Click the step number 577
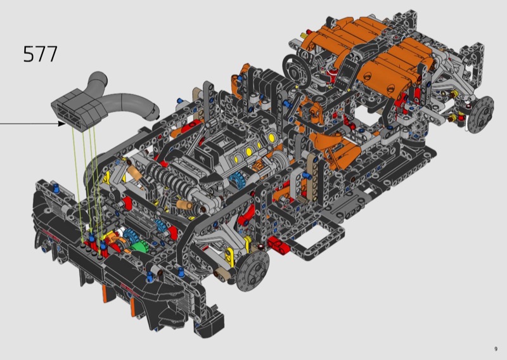[x=41, y=54]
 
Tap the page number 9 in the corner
[x=496, y=349]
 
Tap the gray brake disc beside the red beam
[x=252, y=270]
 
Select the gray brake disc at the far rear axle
[x=481, y=114]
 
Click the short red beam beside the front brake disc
[x=278, y=244]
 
